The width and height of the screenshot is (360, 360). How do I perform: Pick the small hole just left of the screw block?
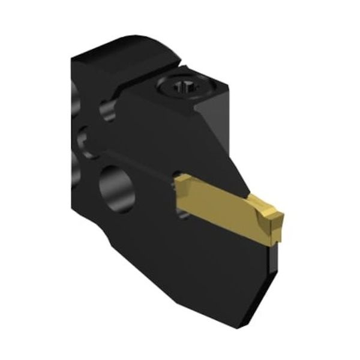coord(107,110)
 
